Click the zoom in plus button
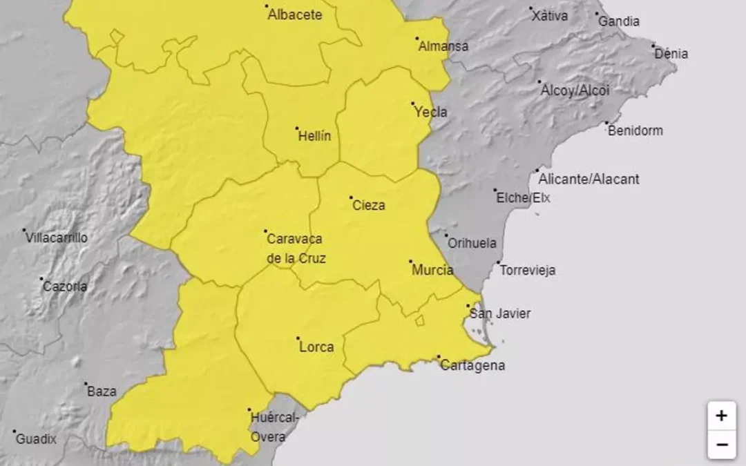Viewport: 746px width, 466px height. coord(721,416)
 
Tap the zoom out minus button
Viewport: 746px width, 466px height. coord(721,445)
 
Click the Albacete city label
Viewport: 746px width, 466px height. coord(295,14)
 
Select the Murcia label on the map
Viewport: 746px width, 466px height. coord(432,270)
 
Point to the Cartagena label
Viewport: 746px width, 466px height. coord(472,365)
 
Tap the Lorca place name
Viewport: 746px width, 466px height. coord(316,347)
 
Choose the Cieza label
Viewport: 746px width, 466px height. coord(369,205)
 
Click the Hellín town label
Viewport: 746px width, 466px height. coord(314,136)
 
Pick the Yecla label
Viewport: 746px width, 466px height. coord(430,112)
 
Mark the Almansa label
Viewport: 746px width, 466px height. coord(442,46)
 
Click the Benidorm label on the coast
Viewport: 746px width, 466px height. coord(635,130)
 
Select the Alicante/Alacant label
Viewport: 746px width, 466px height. coord(589,179)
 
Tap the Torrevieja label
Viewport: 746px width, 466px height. coord(527,270)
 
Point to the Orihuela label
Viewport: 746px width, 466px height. coord(472,243)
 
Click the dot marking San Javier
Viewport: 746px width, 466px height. coord(468,306)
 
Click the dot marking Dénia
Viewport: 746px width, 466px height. coord(653,46)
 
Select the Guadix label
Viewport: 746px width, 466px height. coord(36,438)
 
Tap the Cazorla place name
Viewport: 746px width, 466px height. coord(65,287)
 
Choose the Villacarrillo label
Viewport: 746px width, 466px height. coord(57,237)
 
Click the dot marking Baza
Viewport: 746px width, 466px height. coord(86,384)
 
